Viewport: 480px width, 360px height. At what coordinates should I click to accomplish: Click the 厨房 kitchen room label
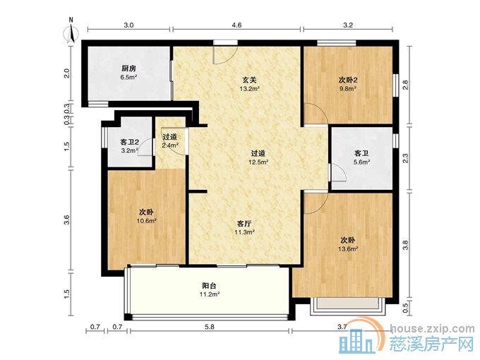point(128,68)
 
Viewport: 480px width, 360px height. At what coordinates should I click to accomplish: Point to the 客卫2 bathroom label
point(128,143)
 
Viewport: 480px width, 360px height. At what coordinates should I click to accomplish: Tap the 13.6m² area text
point(348,249)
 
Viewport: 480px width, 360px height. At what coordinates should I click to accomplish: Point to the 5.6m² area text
point(361,162)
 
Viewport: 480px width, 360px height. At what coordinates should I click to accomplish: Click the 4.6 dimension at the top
point(236,25)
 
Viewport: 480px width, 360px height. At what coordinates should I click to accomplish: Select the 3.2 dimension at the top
point(347,25)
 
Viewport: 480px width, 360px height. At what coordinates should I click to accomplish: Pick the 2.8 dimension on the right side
point(405,85)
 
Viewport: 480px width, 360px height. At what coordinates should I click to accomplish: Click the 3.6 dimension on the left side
point(67,220)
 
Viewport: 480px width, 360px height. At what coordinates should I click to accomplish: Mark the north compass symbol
point(72,32)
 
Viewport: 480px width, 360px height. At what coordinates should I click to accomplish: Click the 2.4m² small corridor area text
point(170,146)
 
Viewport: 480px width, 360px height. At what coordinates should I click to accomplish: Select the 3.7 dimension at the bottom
point(342,326)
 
